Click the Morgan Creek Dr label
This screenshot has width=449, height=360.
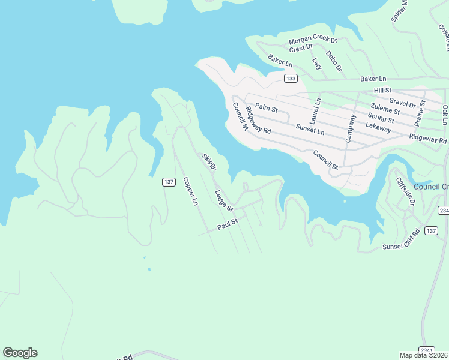tap(313, 40)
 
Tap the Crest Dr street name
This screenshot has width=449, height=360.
tap(301, 47)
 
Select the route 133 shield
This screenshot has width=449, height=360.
tap(291, 79)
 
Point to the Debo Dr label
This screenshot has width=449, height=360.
tap(334, 61)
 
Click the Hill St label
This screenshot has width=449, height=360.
tap(382, 90)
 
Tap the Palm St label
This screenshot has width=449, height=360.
tap(266, 109)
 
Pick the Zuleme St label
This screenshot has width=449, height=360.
tap(385, 110)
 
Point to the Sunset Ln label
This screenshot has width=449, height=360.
tap(310, 130)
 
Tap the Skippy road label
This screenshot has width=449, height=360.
tap(209, 162)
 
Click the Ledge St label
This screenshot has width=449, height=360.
tap(224, 200)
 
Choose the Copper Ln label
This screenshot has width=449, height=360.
tap(190, 191)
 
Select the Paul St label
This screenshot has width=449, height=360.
tap(228, 224)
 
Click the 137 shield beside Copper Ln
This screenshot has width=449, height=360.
tap(168, 182)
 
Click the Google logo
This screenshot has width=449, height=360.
tap(20, 353)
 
